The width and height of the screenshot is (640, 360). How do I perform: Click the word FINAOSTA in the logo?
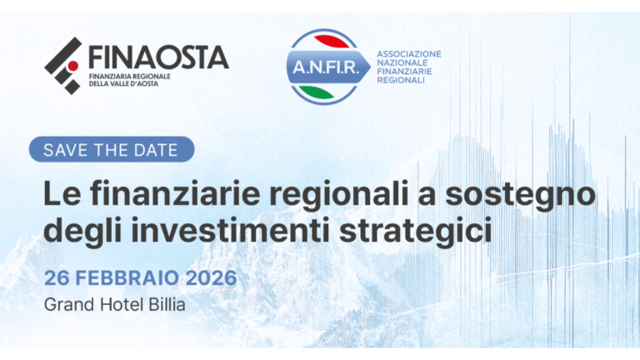[157, 56]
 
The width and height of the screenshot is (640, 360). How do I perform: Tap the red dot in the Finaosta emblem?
[72, 65]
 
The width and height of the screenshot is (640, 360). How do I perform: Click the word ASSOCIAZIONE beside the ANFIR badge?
[409, 53]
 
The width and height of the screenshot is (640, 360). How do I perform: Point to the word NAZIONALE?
[402, 63]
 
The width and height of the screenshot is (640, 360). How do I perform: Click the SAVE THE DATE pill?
[111, 150]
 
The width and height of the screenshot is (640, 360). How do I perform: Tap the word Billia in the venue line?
[163, 303]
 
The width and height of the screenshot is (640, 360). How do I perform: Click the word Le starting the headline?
[61, 195]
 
